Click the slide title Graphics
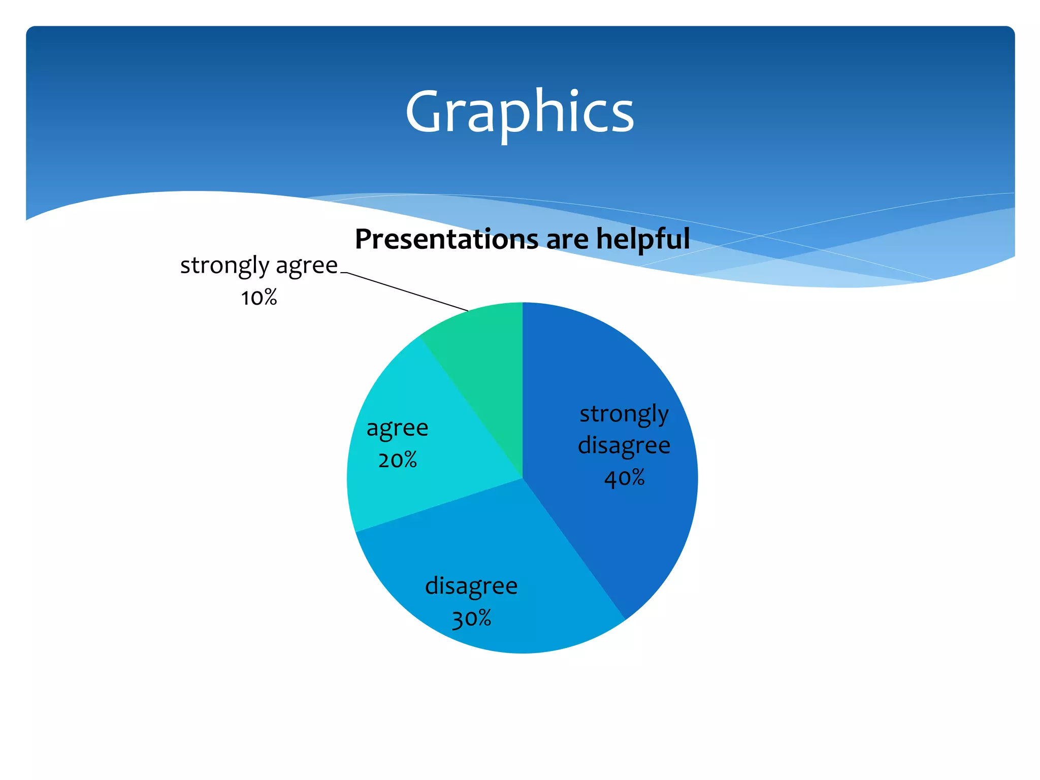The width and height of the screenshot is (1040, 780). (x=519, y=112)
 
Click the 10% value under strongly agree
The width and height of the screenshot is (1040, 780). (x=259, y=298)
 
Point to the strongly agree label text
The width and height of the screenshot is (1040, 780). (x=259, y=265)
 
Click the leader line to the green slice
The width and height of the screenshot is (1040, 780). (x=406, y=291)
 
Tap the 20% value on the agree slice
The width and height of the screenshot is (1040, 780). (x=398, y=460)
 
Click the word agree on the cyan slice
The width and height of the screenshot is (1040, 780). (x=398, y=428)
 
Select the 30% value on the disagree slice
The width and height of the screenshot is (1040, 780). (x=471, y=619)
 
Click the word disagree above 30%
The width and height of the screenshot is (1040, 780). (x=471, y=586)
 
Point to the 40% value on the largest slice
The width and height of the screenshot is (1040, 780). (x=624, y=478)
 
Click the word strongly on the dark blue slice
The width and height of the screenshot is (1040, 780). (x=624, y=413)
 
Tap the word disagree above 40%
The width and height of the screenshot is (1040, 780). (x=624, y=445)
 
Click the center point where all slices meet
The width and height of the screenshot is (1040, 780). (x=523, y=478)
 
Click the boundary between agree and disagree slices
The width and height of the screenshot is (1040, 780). (x=439, y=505)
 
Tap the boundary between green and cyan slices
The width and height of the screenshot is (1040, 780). (x=471, y=407)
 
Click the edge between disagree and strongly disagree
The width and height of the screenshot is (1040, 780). (x=574, y=548)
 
